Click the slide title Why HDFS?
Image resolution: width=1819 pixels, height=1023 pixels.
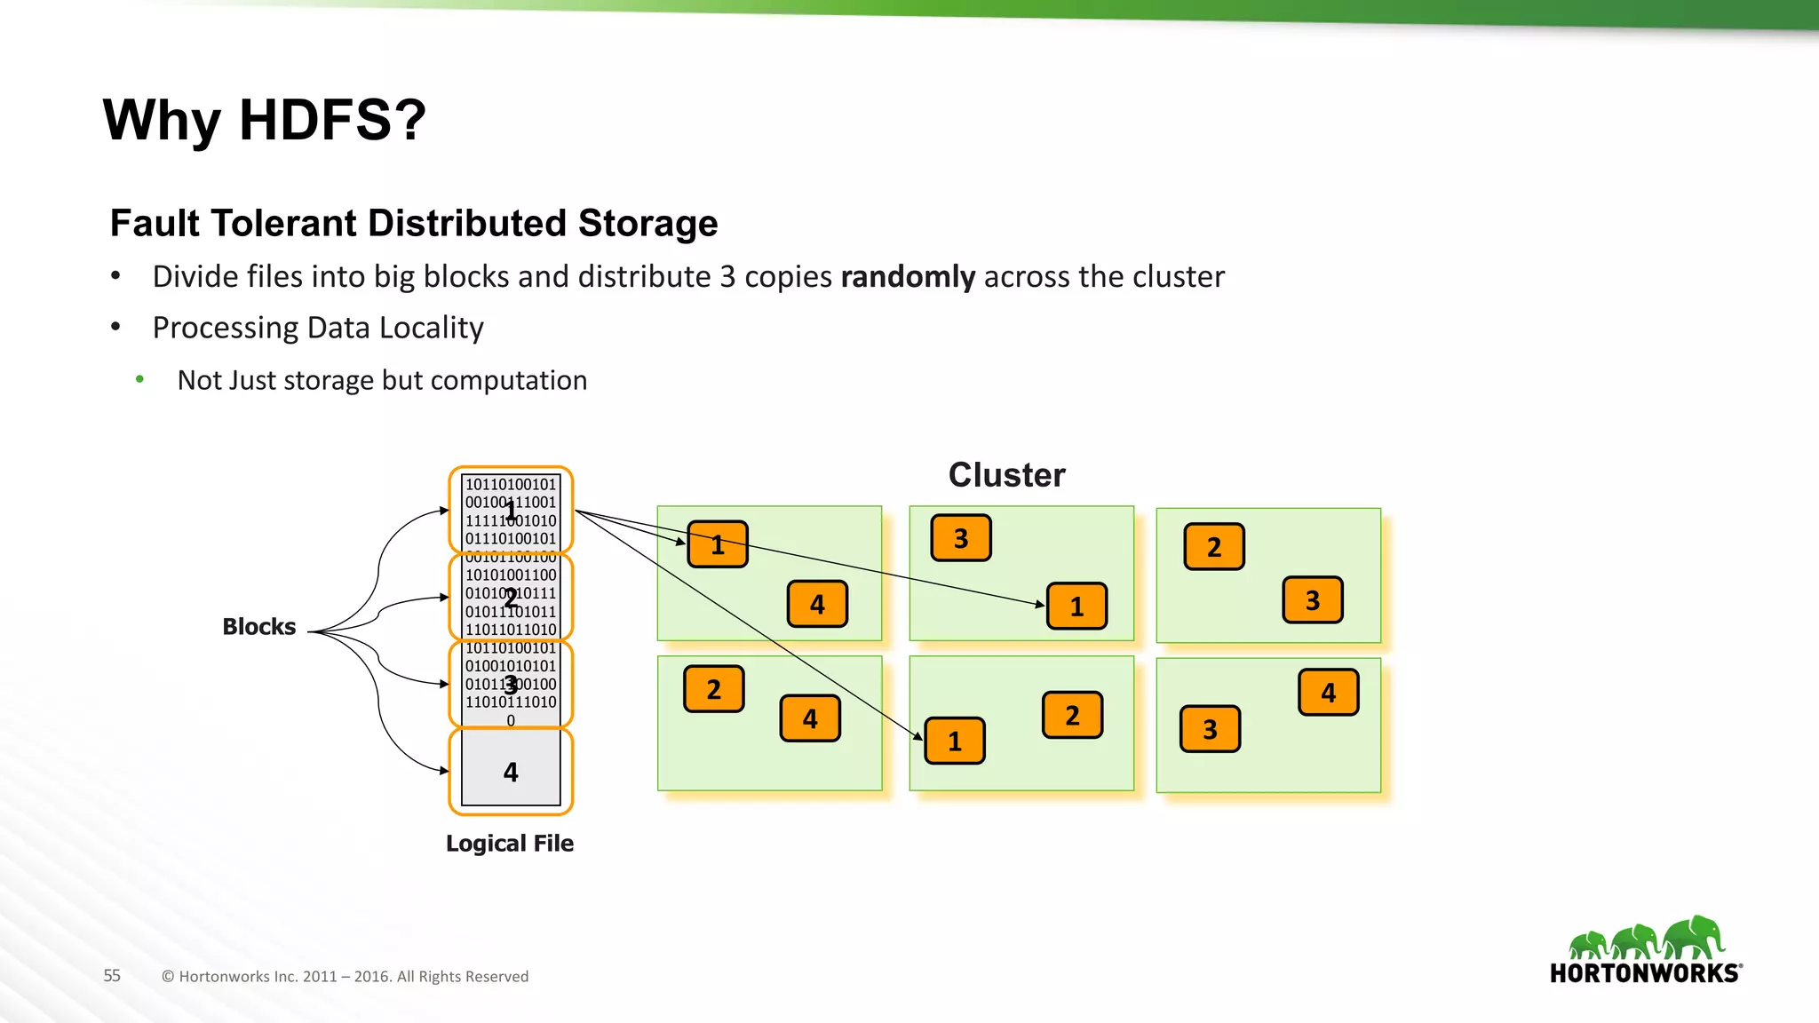tap(265, 120)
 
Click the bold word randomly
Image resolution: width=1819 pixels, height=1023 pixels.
tap(907, 277)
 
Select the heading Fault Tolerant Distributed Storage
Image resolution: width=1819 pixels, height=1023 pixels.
tap(414, 223)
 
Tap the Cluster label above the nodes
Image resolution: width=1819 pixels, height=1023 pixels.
tap(1006, 475)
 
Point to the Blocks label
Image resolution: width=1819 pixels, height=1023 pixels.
tap(258, 627)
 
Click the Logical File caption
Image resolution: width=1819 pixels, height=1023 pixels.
tap(510, 844)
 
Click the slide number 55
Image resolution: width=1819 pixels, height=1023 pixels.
tap(112, 976)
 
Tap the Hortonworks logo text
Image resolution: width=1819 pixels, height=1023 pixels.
tap(1645, 973)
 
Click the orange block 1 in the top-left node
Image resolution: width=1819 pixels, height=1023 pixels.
tap(718, 544)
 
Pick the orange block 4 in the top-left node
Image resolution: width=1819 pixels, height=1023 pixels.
tap(817, 605)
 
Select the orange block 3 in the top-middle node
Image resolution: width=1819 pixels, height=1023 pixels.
tap(961, 538)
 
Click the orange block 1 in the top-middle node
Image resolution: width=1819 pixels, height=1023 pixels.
tap(1076, 607)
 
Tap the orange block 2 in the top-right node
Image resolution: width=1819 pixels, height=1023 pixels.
tap(1214, 547)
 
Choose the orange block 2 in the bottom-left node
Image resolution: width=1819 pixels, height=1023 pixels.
tap(713, 689)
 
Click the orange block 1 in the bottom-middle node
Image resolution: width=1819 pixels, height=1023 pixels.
tap(955, 741)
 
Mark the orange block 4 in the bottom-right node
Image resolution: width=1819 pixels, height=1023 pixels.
tap(1328, 693)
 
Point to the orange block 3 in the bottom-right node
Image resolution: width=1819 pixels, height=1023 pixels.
tap(1210, 729)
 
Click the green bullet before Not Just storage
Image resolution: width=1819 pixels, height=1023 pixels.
tap(139, 380)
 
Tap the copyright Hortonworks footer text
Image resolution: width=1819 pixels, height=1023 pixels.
tap(345, 977)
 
